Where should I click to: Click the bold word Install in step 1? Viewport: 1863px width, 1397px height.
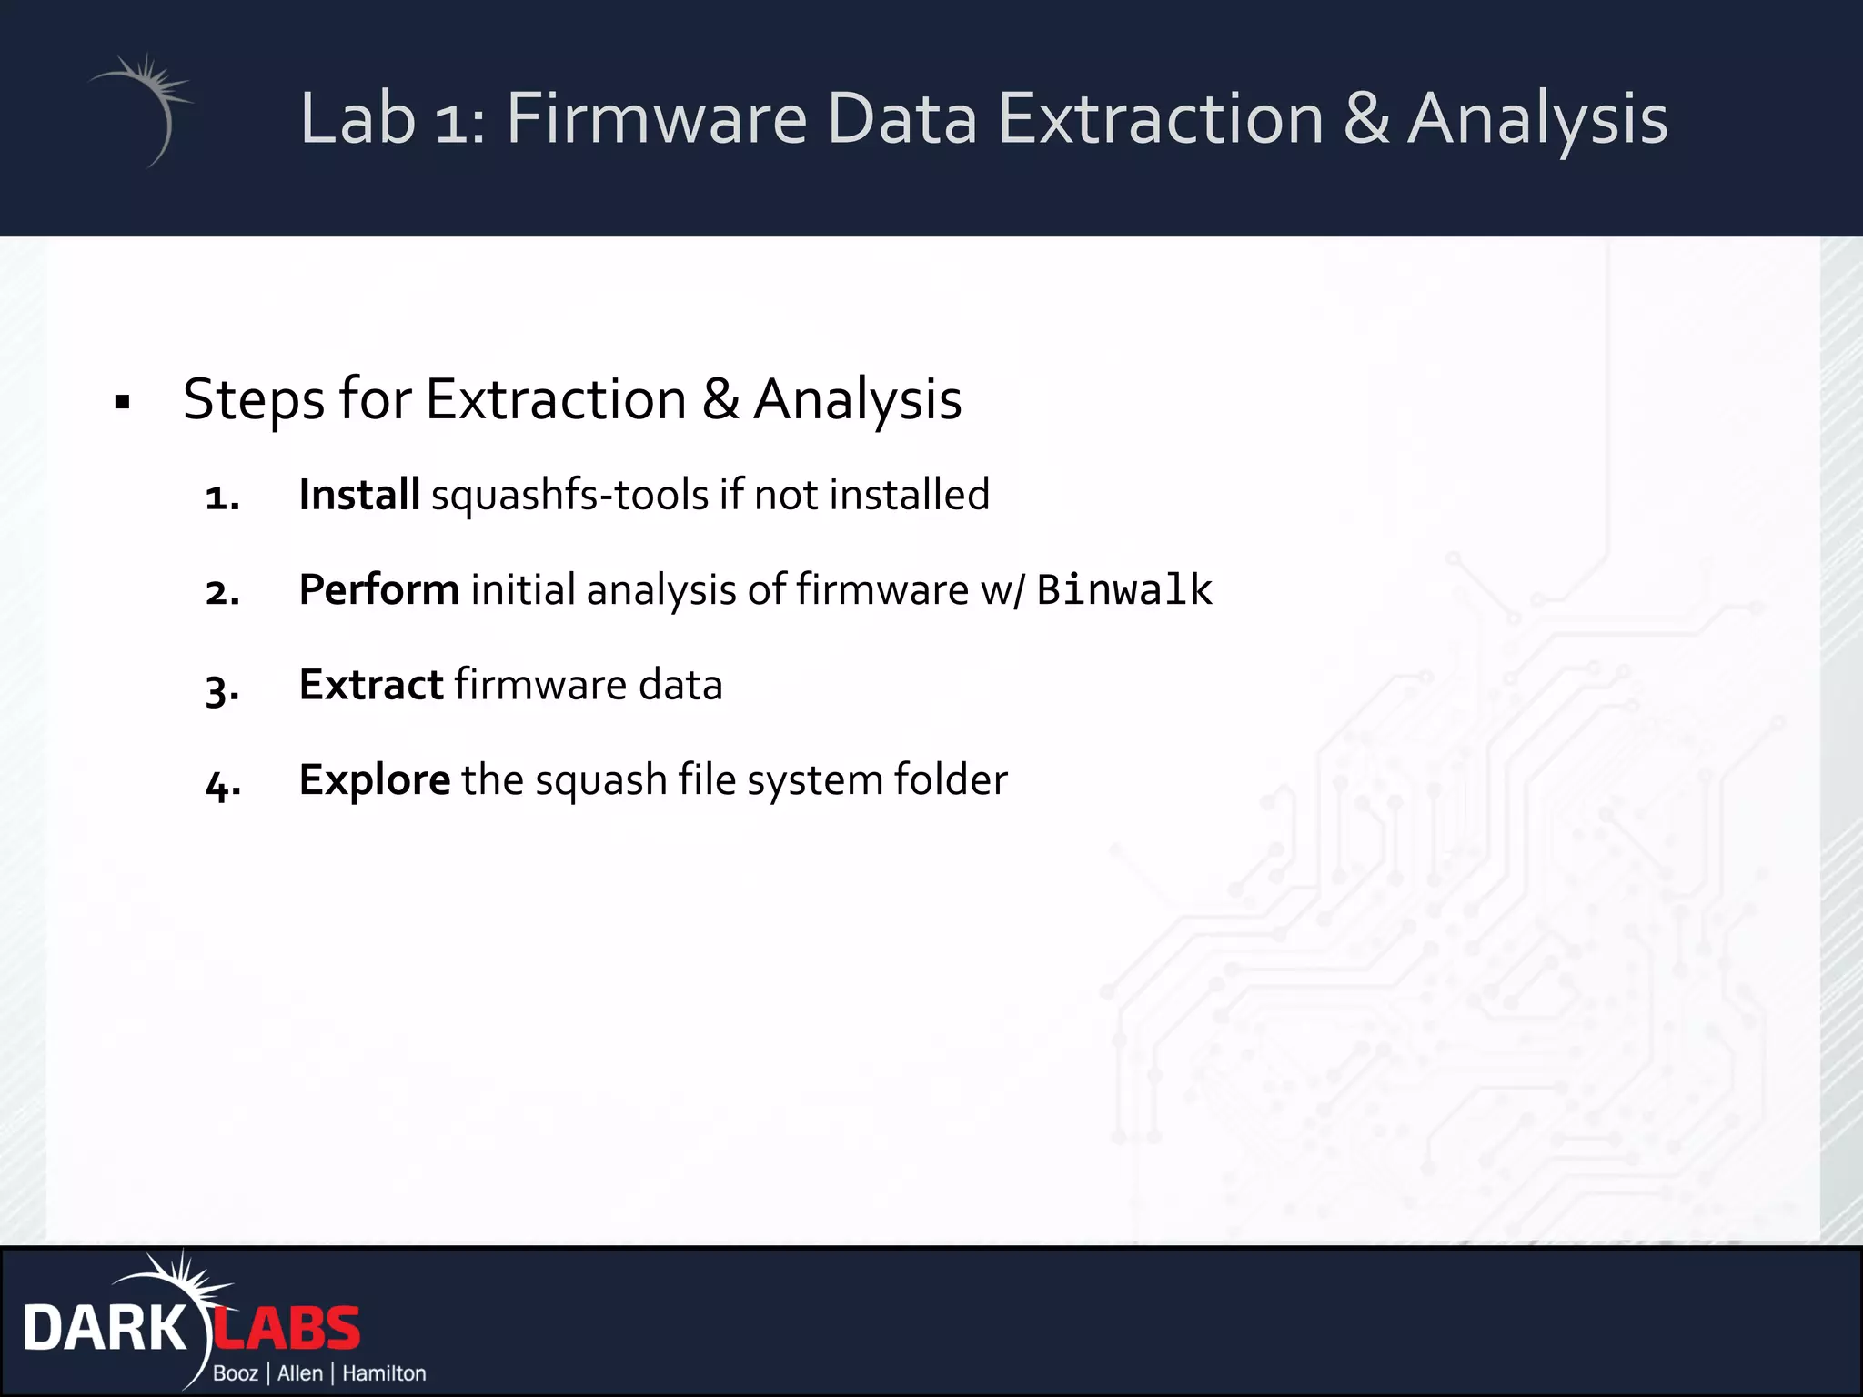(358, 496)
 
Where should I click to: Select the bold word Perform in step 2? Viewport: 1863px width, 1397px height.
(378, 590)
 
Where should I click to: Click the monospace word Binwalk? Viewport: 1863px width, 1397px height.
(1123, 590)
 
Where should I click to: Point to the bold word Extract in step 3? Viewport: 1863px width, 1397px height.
(370, 685)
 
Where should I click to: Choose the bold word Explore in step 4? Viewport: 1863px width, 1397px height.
(374, 780)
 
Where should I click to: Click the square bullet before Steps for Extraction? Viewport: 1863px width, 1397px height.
(123, 402)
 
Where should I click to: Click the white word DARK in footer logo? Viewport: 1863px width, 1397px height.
(105, 1329)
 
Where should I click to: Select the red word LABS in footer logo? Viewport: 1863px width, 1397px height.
(287, 1329)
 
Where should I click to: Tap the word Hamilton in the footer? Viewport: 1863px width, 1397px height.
(384, 1373)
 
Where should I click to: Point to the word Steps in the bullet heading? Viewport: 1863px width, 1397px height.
(254, 400)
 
